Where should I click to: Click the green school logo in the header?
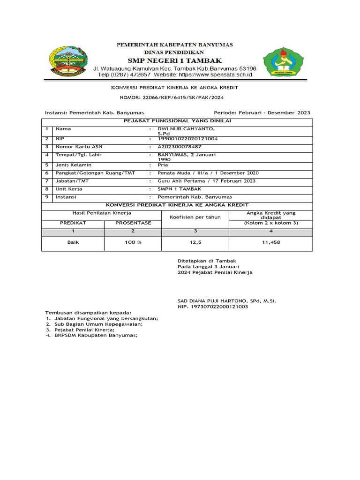click(283, 62)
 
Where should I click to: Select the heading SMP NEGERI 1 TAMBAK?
click(175, 60)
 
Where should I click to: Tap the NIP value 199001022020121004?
click(187, 139)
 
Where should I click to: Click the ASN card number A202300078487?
click(180, 147)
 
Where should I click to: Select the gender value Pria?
click(163, 165)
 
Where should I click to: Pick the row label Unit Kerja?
click(69, 189)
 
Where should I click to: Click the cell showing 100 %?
click(133, 242)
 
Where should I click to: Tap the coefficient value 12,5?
click(195, 242)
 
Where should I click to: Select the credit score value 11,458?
click(270, 242)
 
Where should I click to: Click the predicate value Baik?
click(72, 242)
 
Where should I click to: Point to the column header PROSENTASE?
click(133, 223)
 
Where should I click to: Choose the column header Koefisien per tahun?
click(195, 217)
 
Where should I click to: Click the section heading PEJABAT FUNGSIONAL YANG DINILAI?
click(177, 121)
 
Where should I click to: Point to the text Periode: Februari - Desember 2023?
click(262, 113)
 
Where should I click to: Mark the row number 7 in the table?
click(47, 181)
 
